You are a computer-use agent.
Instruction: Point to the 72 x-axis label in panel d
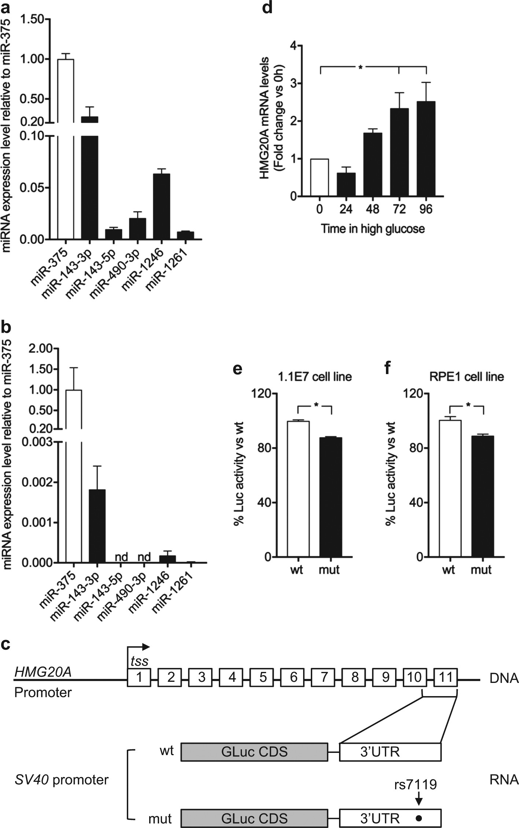coord(399,209)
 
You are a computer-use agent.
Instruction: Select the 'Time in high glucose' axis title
coord(373,229)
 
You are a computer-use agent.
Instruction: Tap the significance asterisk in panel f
coord(468,404)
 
